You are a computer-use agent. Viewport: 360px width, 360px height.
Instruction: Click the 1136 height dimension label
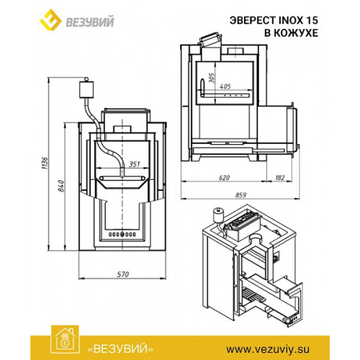coord(45,163)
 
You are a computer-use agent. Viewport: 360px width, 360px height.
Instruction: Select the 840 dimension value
coord(61,186)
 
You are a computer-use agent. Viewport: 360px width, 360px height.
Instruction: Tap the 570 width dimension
coord(123,274)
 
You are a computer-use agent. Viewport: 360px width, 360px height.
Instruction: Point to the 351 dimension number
coord(135,164)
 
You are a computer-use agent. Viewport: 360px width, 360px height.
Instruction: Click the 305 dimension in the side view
coord(212,78)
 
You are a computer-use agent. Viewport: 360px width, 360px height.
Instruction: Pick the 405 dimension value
coord(225,86)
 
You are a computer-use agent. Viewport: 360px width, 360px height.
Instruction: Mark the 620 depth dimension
coord(225,178)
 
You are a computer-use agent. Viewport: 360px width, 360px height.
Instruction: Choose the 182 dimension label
coord(280,178)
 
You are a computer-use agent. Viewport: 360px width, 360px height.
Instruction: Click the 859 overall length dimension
coord(240,195)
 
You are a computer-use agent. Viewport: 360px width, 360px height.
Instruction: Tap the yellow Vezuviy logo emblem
coord(50,19)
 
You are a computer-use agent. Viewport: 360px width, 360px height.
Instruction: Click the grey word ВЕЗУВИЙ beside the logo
coord(90,22)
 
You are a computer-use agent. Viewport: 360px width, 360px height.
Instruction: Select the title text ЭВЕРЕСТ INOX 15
coord(274,20)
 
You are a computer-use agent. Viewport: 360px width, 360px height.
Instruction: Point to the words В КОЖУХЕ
coord(292,33)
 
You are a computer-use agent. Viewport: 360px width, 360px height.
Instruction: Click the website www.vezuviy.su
coord(268,349)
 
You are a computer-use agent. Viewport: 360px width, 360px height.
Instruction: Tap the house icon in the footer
coord(65,340)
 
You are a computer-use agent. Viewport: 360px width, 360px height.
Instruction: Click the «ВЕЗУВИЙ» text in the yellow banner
coord(120,348)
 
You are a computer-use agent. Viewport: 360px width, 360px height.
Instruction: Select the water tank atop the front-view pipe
coord(86,89)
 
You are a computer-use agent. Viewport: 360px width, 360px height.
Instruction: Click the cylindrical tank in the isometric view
coord(218,215)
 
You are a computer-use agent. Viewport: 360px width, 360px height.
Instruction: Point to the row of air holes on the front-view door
coord(122,234)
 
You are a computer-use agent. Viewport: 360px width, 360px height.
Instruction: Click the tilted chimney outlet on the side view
coord(210,40)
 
